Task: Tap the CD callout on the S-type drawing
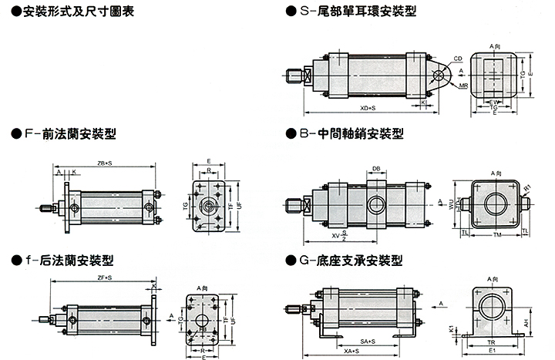click(x=457, y=58)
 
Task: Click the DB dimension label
click(x=376, y=168)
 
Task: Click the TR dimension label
click(x=491, y=341)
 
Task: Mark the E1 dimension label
click(x=491, y=351)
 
